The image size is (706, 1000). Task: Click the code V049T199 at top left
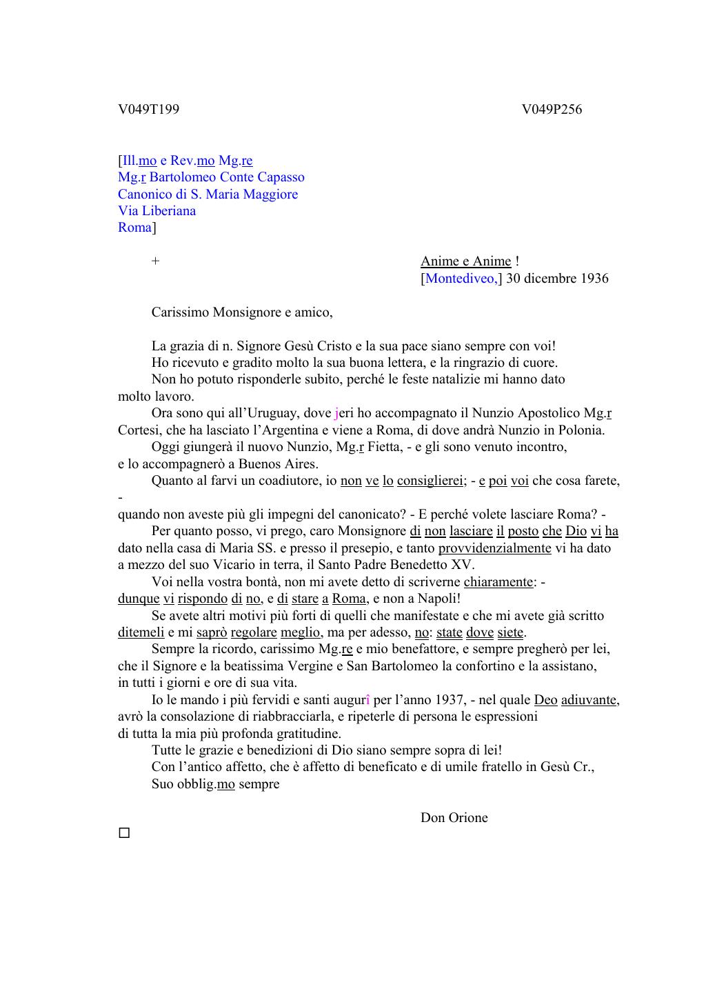pos(148,109)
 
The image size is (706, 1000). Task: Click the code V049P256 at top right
pos(552,109)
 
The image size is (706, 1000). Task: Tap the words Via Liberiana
pos(157,211)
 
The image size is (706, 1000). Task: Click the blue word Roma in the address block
pos(134,228)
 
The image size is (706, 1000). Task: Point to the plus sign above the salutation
pos(156,261)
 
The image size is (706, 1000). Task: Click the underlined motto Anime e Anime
pos(466,261)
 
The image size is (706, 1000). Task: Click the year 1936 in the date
pos(594,279)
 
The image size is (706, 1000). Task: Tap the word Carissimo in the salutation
pos(180,312)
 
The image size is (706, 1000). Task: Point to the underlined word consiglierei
pos(430,481)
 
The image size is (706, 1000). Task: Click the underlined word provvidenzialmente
pos(494,548)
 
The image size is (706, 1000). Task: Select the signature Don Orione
pos(454,818)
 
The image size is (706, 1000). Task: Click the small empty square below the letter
pos(124,833)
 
